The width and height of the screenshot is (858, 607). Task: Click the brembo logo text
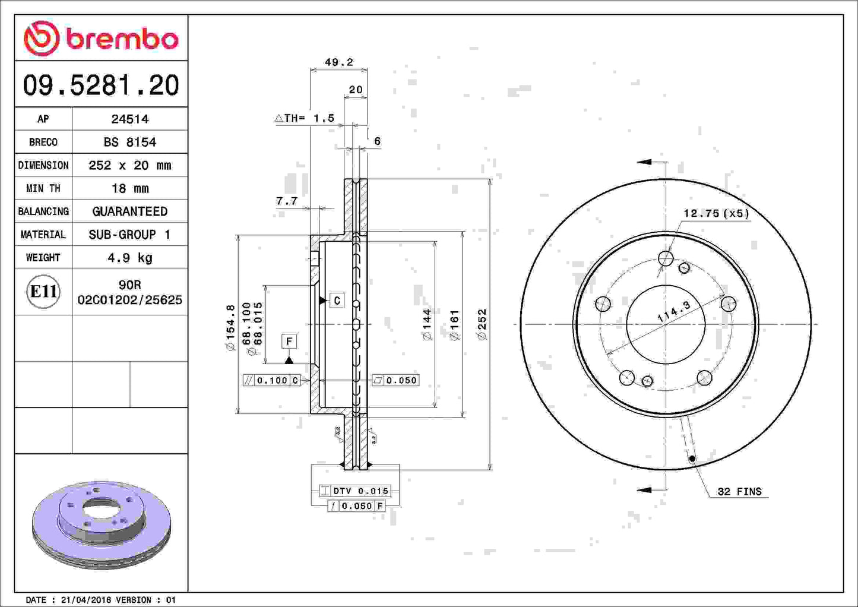pyautogui.click(x=122, y=39)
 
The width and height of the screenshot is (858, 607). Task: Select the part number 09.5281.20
pyautogui.click(x=101, y=86)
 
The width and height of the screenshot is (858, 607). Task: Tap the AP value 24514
pyautogui.click(x=129, y=119)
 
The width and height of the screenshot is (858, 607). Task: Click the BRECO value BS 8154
pyautogui.click(x=129, y=142)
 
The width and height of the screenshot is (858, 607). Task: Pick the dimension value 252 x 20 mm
pyautogui.click(x=129, y=165)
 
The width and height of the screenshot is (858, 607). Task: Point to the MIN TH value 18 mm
pyautogui.click(x=129, y=188)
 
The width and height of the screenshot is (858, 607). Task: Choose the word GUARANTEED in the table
pyautogui.click(x=129, y=211)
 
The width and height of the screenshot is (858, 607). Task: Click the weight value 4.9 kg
pyautogui.click(x=129, y=258)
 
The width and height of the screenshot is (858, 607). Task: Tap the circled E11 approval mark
pyautogui.click(x=43, y=292)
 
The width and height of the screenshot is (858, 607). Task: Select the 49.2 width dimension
pyautogui.click(x=338, y=62)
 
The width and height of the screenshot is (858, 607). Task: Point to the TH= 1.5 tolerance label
pyautogui.click(x=305, y=118)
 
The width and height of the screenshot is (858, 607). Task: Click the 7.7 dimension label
pyautogui.click(x=287, y=201)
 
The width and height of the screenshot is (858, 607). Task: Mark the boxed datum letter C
pyautogui.click(x=337, y=301)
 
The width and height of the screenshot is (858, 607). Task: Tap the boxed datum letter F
pyautogui.click(x=289, y=341)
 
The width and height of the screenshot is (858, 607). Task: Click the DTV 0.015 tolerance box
pyautogui.click(x=354, y=491)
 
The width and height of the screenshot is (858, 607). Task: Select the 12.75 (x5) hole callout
pyautogui.click(x=715, y=213)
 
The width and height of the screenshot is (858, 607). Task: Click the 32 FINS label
pyautogui.click(x=739, y=491)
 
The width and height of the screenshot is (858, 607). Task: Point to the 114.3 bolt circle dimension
pyautogui.click(x=674, y=312)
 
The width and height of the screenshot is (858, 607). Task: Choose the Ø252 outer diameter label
pyautogui.click(x=482, y=324)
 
